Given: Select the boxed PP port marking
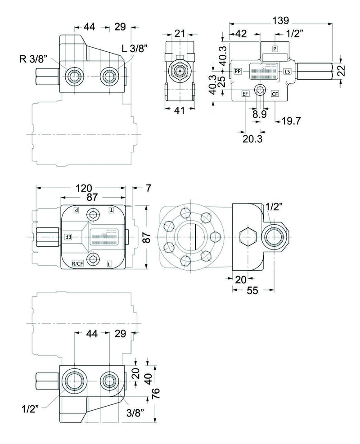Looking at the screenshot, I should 237,71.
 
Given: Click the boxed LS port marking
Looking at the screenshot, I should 288,72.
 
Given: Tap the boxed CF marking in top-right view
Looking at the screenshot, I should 275,94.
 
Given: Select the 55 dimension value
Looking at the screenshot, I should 252,291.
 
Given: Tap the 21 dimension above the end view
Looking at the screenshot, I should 180,32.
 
